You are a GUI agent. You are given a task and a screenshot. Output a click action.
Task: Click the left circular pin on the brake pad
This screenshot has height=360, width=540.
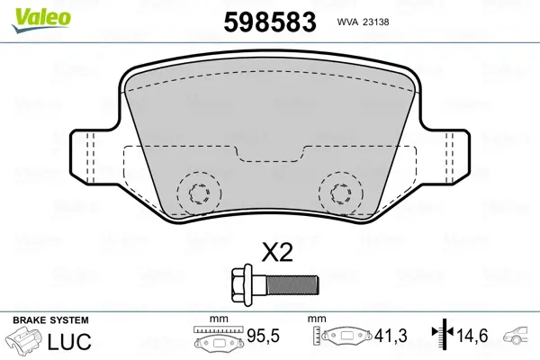tap(199, 192)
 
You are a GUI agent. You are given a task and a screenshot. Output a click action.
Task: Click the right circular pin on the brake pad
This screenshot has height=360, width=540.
tap(340, 192)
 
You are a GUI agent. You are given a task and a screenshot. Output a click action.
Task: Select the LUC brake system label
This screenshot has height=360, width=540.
tap(67, 341)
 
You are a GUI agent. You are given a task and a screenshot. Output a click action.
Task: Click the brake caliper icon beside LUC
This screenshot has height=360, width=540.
tap(25, 342)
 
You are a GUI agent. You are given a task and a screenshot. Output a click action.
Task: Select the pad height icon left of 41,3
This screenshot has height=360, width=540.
tap(346, 340)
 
